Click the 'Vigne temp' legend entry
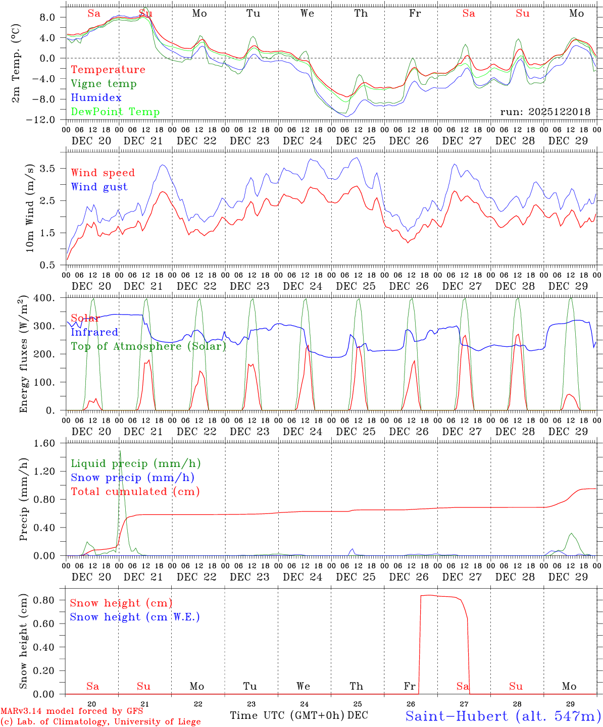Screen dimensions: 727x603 [104, 84]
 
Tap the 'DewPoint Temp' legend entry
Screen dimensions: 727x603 [115, 112]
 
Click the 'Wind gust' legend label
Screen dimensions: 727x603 [99, 187]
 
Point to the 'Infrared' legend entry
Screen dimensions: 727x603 [94, 332]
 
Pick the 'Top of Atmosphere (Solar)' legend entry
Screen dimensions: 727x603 [148, 346]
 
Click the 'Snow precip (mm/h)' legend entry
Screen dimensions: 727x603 [132, 478]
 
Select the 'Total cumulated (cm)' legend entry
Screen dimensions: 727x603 [135, 492]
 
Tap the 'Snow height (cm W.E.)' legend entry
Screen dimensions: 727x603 [134, 617]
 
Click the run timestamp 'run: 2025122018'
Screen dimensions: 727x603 [545, 112]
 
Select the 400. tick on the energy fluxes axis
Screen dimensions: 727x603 [49, 298]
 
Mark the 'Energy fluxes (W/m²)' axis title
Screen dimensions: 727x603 [23, 355]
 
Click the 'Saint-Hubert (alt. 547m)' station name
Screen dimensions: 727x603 [502, 715]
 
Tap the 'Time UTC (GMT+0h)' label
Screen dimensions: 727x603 [287, 715]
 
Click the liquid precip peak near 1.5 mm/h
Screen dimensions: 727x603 [120, 451]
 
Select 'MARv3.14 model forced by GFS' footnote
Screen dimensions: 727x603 [72, 711]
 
